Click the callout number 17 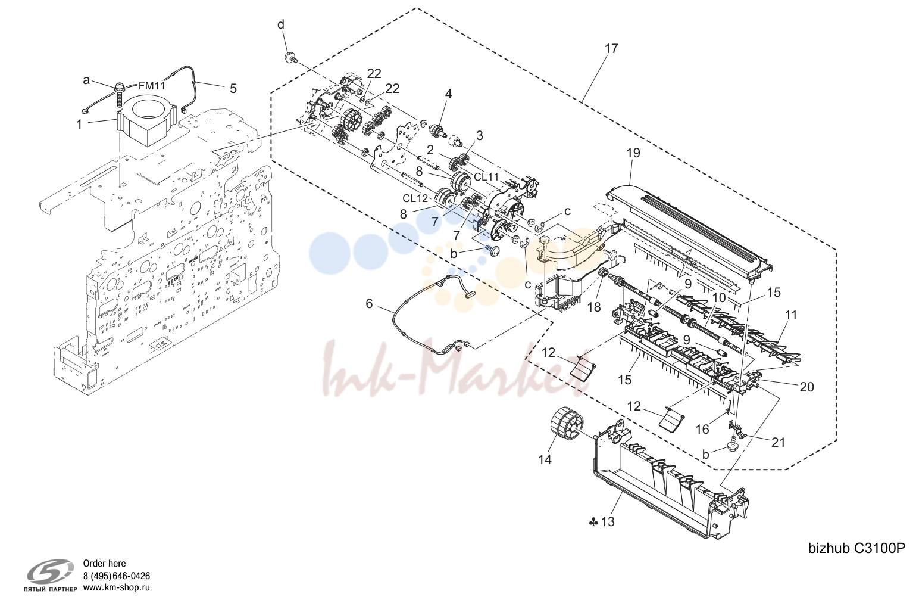(x=611, y=49)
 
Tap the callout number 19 (x=633, y=153)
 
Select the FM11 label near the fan (x=152, y=86)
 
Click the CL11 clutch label (x=487, y=177)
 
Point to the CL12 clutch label (x=415, y=198)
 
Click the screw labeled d (x=289, y=58)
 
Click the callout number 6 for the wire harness (x=369, y=304)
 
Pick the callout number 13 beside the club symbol (x=608, y=521)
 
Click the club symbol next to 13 (x=594, y=522)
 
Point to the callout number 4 (x=449, y=94)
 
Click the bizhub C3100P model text (x=856, y=548)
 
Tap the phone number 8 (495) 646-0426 (x=117, y=576)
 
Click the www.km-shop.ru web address (x=117, y=587)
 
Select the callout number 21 (x=778, y=442)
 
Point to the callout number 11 (x=791, y=315)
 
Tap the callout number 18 (x=594, y=307)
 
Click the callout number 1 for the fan (x=79, y=124)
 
